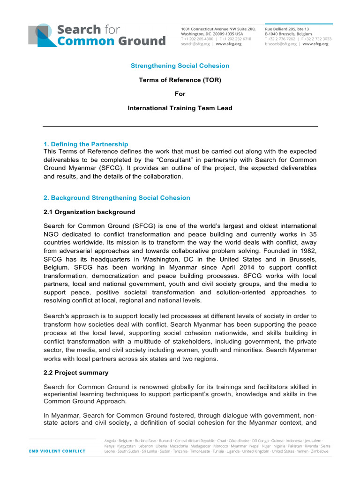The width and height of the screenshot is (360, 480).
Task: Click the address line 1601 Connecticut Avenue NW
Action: pyautogui.click(x=218, y=29)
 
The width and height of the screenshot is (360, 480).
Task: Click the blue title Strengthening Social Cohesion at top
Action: pyautogui.click(x=180, y=66)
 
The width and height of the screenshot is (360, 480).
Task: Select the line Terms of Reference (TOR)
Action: pyautogui.click(x=180, y=80)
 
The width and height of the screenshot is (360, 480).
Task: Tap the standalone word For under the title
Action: pyautogui.click(x=180, y=94)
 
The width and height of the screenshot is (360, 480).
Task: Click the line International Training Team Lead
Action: pyautogui.click(x=180, y=108)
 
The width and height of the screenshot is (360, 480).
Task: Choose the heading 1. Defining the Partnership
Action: pyautogui.click(x=86, y=144)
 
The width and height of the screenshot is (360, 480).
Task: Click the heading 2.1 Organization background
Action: pyautogui.click(x=89, y=212)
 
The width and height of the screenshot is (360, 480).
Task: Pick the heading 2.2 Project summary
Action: pyautogui.click(x=76, y=373)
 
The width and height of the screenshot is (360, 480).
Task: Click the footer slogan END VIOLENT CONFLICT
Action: pyautogui.click(x=57, y=451)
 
